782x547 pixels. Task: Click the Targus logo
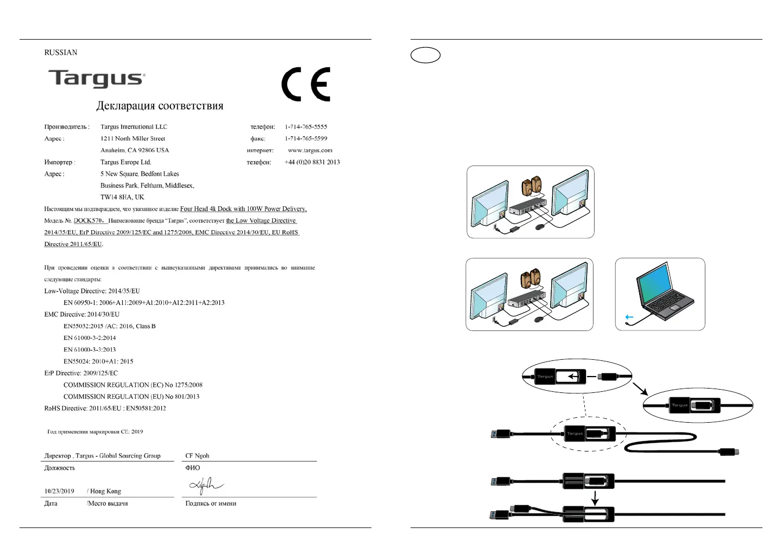(97, 78)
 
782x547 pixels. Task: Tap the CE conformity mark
(306, 84)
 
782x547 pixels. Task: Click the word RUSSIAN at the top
(61, 53)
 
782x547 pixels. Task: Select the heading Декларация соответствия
(160, 106)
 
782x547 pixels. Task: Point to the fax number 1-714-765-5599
(306, 138)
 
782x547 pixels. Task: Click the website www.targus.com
(310, 150)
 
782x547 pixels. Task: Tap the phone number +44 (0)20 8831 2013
(312, 162)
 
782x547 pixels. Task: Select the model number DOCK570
(88, 221)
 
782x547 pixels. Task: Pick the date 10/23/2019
(59, 491)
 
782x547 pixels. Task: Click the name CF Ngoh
(197, 456)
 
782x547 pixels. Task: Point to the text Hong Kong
(105, 491)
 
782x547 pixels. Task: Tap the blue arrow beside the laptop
(629, 317)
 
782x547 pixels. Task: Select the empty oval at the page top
(425, 55)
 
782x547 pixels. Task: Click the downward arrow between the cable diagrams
(595, 497)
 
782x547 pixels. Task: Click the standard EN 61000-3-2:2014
(90, 338)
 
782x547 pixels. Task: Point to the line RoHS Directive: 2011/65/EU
(105, 408)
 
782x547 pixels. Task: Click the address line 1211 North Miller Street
(133, 138)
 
